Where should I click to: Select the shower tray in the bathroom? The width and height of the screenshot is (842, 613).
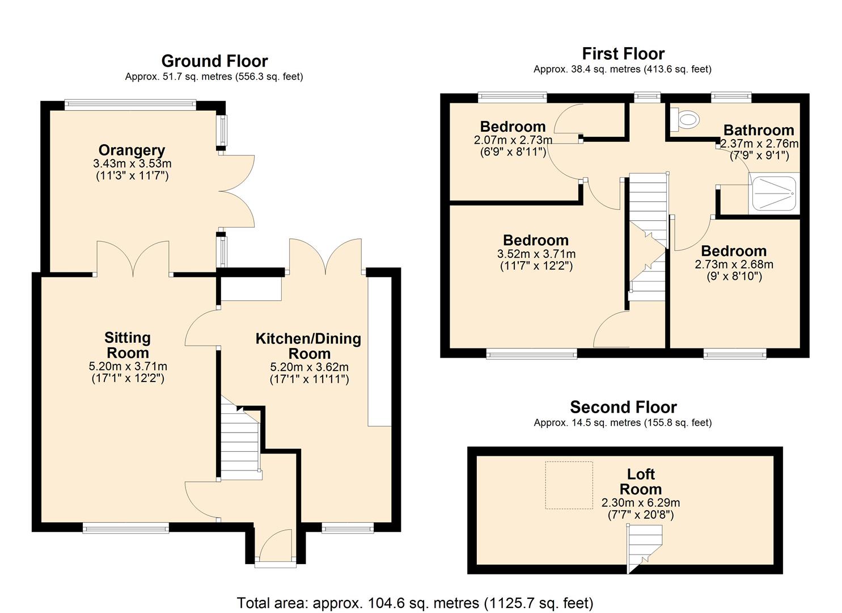tap(773, 194)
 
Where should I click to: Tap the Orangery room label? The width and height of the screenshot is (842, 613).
tap(132, 150)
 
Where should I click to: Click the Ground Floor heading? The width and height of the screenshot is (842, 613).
tap(214, 61)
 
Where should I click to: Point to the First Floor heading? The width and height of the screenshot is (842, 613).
tap(623, 53)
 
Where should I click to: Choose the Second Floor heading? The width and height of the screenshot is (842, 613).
tap(623, 407)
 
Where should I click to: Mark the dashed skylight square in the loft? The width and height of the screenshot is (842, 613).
tap(569, 485)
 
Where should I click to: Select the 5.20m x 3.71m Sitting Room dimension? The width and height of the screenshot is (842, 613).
tap(128, 366)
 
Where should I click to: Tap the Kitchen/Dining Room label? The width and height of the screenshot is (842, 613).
tap(308, 346)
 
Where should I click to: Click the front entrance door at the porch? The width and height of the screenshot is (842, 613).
tap(275, 548)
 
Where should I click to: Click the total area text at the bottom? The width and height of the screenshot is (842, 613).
tap(414, 602)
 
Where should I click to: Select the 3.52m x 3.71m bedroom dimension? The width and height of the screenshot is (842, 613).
tap(536, 254)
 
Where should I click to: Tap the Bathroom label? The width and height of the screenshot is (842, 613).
tap(758, 130)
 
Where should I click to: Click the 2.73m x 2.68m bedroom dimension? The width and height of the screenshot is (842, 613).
tap(734, 264)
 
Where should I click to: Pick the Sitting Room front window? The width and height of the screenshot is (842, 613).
tap(125, 528)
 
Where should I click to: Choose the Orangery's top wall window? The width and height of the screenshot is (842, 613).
tap(130, 104)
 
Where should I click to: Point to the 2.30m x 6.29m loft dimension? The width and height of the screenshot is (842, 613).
tap(640, 502)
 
